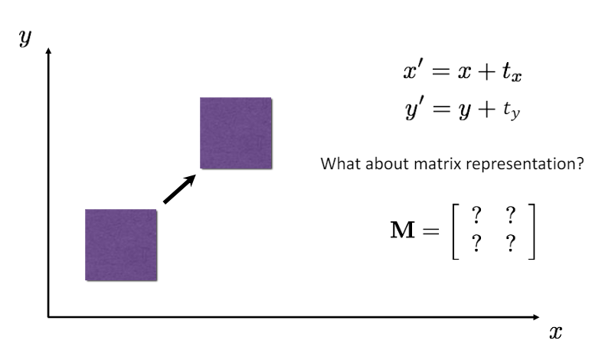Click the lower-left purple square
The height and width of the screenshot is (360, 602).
coord(121,244)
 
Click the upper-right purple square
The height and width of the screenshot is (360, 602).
coord(236,133)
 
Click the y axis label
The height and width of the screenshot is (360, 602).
coord(25,38)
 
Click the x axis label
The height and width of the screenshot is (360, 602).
coord(556,332)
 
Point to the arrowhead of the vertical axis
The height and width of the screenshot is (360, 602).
coord(49,51)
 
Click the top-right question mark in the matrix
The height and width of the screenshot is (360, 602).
coord(509,218)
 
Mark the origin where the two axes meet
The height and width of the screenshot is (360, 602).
coord(49,316)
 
